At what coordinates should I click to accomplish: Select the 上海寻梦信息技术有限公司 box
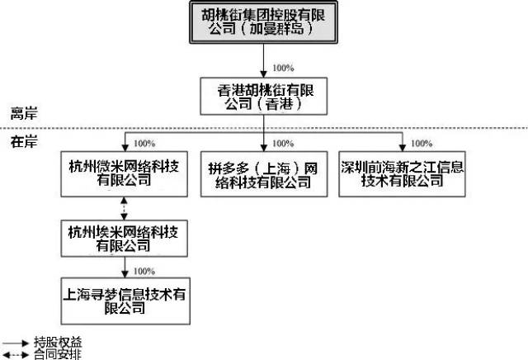[x=124, y=299]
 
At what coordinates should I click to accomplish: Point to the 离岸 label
[x=22, y=111]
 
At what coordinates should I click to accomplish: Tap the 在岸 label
[x=22, y=141]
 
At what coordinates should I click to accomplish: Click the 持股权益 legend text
[x=58, y=341]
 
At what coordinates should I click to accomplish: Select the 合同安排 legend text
[x=58, y=353]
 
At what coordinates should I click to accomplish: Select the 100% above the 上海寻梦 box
[x=144, y=270]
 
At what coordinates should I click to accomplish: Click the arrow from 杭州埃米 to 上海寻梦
[x=124, y=267]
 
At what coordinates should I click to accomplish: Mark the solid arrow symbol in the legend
[x=16, y=341]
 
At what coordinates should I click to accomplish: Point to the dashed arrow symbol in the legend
[x=16, y=353]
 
